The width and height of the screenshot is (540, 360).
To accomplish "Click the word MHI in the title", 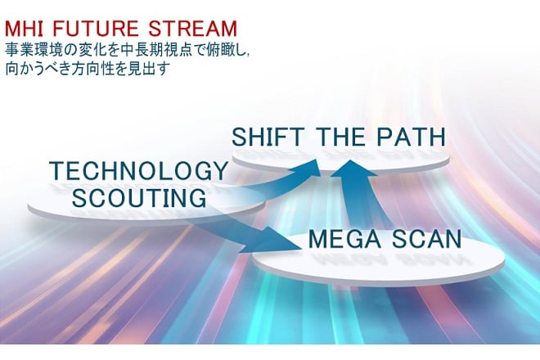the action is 24,29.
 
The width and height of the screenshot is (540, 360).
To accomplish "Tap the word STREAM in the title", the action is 193,29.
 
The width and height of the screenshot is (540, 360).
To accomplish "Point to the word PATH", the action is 411,137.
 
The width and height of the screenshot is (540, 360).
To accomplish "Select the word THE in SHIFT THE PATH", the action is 340,137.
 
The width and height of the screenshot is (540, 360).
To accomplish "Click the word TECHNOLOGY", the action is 138,171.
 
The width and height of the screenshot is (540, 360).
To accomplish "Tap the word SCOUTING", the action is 139,198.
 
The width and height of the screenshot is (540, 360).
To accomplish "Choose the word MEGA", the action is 344,239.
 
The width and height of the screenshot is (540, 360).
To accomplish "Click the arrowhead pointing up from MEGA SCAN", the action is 353,169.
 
